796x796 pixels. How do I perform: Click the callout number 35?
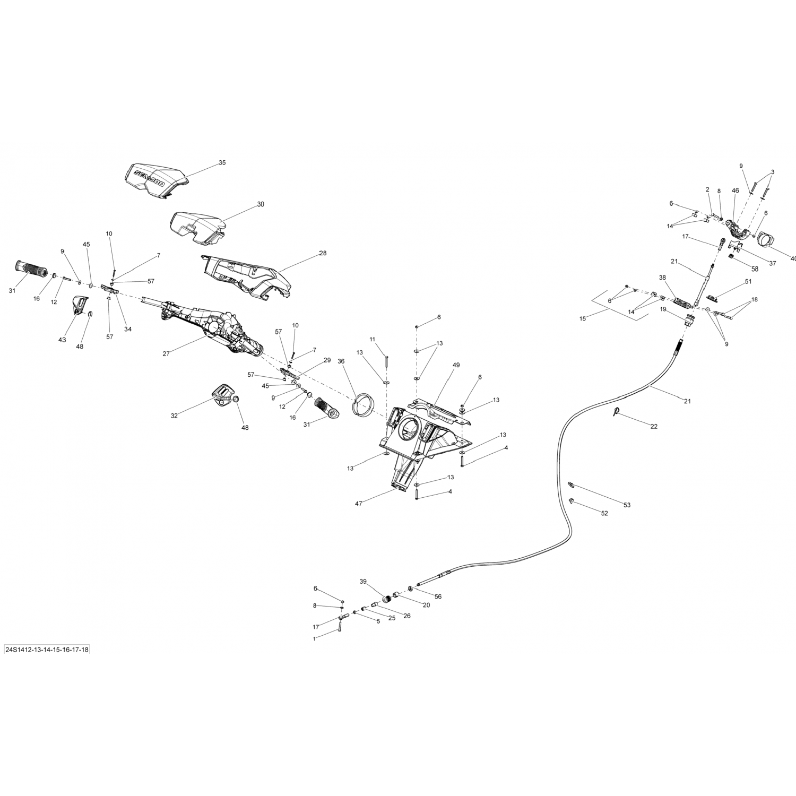222,163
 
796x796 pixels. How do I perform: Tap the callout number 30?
260,204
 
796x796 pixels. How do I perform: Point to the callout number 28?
323,254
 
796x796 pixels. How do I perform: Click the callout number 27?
166,353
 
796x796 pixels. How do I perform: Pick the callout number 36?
341,361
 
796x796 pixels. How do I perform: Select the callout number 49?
456,365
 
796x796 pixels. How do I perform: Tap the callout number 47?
359,504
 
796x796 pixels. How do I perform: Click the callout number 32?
174,416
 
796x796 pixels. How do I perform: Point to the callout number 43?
62,340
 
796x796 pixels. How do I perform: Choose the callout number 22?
654,426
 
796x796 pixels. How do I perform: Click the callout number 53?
627,505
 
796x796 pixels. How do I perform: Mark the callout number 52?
604,513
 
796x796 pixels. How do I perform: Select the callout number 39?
363,582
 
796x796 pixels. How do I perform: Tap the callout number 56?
438,596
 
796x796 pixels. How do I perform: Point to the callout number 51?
748,282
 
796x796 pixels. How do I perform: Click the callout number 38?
662,278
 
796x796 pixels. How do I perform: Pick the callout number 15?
583,319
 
